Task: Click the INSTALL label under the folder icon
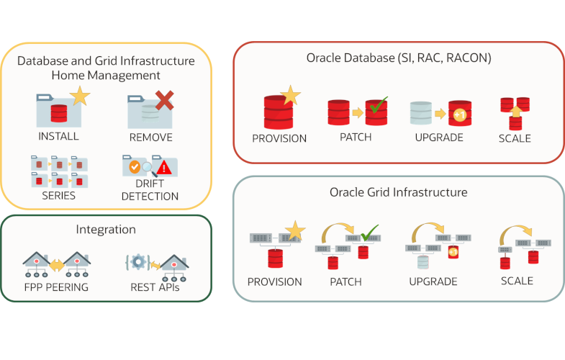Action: (59, 135)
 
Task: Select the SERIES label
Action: (58, 195)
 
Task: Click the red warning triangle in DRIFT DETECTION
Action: (165, 168)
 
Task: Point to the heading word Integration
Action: (106, 230)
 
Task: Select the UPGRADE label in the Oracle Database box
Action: (438, 137)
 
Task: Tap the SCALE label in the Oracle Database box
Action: (515, 138)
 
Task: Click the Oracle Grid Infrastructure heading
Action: (398, 192)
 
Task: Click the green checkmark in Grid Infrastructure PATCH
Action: (369, 233)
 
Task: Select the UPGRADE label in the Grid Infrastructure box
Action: (433, 282)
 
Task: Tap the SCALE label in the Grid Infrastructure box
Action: (517, 280)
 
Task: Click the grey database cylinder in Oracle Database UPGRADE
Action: (421, 113)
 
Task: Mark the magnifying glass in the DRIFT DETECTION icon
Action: (148, 168)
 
